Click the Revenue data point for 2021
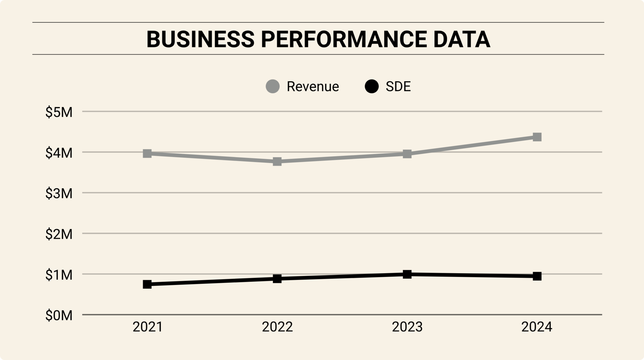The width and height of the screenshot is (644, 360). pos(147,154)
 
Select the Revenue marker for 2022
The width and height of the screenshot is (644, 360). pos(277,162)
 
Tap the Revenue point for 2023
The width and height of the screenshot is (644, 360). pos(407,154)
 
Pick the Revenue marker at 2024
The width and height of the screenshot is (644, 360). pos(537,137)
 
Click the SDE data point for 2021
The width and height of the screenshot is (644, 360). pos(147,284)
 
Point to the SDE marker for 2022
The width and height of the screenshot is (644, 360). pos(277,279)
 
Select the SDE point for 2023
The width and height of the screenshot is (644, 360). pos(407,274)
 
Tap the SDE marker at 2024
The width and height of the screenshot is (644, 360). pos(537,276)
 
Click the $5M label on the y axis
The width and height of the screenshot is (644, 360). pos(59,112)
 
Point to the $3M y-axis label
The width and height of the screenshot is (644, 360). pos(59,194)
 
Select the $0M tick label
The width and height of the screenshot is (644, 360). pos(59,315)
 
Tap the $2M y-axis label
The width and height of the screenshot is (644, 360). pos(59,234)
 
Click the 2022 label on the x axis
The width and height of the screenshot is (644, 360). pos(277,327)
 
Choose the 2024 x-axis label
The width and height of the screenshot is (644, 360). pos(537,327)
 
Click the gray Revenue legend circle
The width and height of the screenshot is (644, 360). pos(273,86)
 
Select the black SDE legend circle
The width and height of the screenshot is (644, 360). pos(372,86)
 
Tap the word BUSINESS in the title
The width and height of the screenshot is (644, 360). pos(201,39)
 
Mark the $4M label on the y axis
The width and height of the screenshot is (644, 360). pos(59,153)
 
